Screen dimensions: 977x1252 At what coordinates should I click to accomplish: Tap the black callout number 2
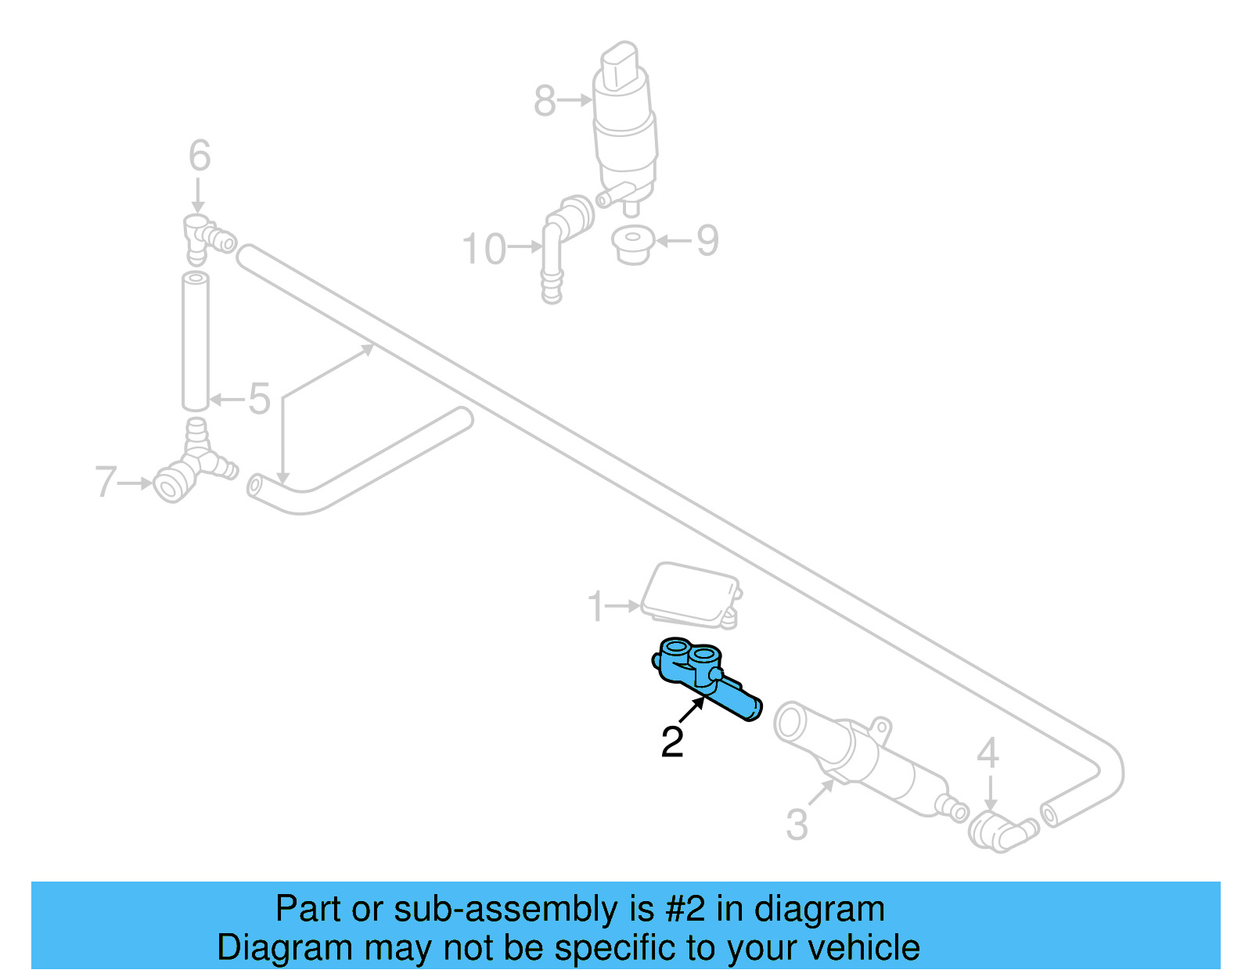[x=672, y=742]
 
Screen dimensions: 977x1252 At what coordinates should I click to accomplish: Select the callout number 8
[x=545, y=102]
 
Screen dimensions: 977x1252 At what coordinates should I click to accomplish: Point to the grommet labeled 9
[x=632, y=245]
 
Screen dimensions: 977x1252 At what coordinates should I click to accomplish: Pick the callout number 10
[x=484, y=250]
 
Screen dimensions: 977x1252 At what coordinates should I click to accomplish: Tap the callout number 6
[x=200, y=156]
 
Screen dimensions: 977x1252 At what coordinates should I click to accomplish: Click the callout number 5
[x=259, y=399]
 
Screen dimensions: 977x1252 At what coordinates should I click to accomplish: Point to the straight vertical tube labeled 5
[x=196, y=341]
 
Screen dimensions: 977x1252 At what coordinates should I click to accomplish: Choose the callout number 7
[x=106, y=482]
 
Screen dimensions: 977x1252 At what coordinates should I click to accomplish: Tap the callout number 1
[x=596, y=606]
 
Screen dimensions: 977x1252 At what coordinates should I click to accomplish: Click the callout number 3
[x=797, y=824]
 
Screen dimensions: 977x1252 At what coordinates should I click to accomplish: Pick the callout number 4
[x=988, y=753]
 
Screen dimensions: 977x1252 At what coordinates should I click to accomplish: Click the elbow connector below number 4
[x=998, y=831]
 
